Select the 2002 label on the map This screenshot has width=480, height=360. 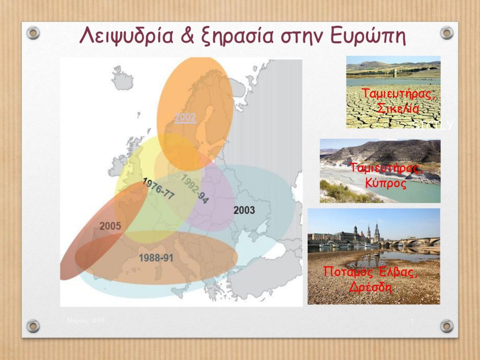coord(185,117)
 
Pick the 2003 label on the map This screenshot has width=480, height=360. coord(244,210)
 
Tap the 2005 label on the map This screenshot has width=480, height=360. coord(110,226)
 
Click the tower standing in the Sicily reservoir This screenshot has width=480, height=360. coord(401,74)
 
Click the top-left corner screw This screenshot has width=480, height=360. coord(33,32)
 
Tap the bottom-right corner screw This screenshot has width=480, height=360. coord(447,326)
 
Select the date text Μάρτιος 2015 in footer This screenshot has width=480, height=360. coord(85,320)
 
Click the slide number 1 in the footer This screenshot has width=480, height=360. coord(412,320)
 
